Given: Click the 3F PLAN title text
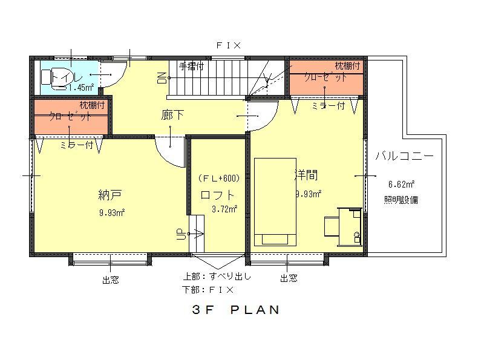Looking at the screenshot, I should [236, 310].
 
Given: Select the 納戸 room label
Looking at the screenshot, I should [110, 195].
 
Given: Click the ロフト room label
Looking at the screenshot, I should [217, 195].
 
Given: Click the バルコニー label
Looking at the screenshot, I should [404, 155].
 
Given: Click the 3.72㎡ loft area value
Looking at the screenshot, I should [224, 209].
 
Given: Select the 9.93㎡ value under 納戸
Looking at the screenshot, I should [112, 212].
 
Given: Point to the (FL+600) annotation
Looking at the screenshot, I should [219, 178].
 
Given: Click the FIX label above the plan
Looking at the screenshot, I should [229, 45].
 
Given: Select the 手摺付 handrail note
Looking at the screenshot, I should [191, 66].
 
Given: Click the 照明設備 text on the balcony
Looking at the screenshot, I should [401, 200].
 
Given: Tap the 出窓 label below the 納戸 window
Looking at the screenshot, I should [110, 280].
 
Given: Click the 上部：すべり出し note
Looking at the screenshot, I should [217, 276].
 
